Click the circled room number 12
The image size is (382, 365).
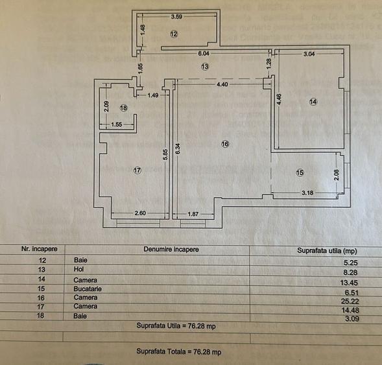[x=174, y=33]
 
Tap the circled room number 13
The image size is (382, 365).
[x=204, y=66]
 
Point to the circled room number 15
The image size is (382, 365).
[x=299, y=172]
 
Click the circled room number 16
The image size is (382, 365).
[x=225, y=144]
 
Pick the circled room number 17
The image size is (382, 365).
[x=137, y=170]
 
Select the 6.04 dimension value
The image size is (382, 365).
[x=203, y=54]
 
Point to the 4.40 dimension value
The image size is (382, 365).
[x=222, y=84]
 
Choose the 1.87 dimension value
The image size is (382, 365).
[x=193, y=214]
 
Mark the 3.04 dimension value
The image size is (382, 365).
[x=310, y=55]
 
